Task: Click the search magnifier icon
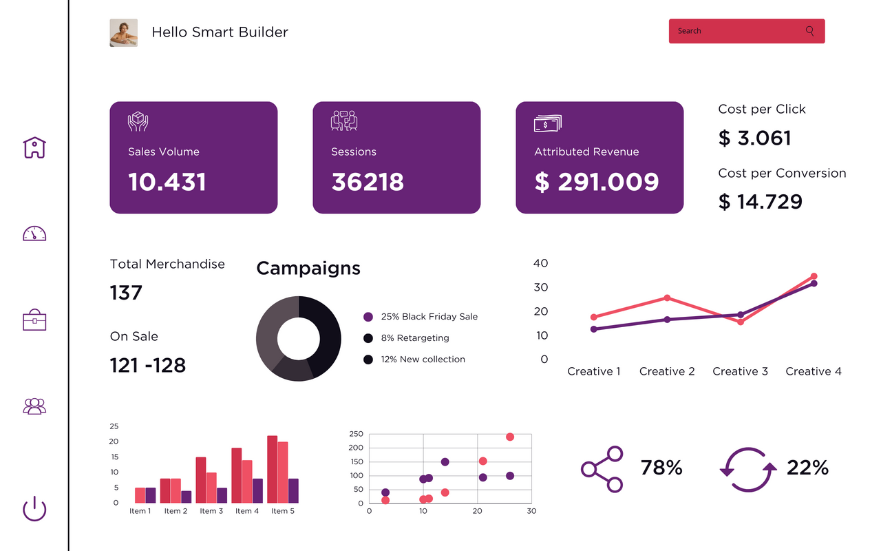coord(809,31)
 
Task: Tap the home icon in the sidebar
coord(34,147)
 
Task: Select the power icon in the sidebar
coord(34,510)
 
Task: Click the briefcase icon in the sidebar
coord(34,320)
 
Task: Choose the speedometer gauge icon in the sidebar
coord(34,233)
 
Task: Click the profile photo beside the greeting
coord(124,32)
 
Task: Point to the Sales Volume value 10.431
coord(167,182)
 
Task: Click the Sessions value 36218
coord(368,182)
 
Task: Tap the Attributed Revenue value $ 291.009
coord(597,182)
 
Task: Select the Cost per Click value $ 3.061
coord(755,138)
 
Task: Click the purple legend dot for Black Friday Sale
coord(368,317)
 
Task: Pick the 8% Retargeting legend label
coord(415,338)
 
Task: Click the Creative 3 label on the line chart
coord(740,371)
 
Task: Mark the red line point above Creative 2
coord(667,298)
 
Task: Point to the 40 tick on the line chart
coord(541,263)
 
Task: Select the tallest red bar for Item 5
coord(272,469)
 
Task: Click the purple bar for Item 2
coord(187,496)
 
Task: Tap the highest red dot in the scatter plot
coord(510,437)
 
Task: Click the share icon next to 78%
coord(602,469)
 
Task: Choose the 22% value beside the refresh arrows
coord(807,468)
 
